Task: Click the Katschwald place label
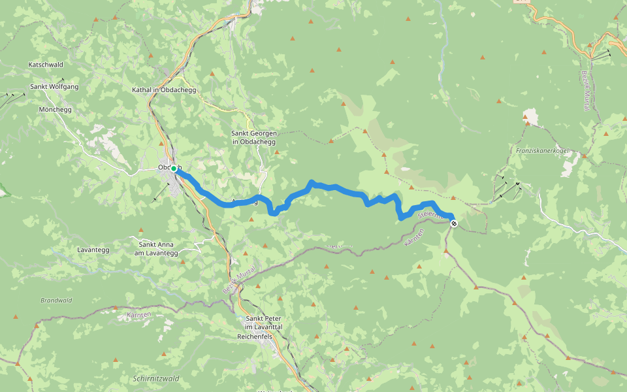tap(46, 65)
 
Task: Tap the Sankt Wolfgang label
tap(54, 86)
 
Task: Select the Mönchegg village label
tap(55, 109)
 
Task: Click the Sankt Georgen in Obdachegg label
tap(253, 137)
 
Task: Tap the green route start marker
tap(174, 169)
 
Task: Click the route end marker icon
tap(454, 224)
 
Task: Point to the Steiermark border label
tap(431, 214)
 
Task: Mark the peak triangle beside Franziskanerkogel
tap(526, 121)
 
